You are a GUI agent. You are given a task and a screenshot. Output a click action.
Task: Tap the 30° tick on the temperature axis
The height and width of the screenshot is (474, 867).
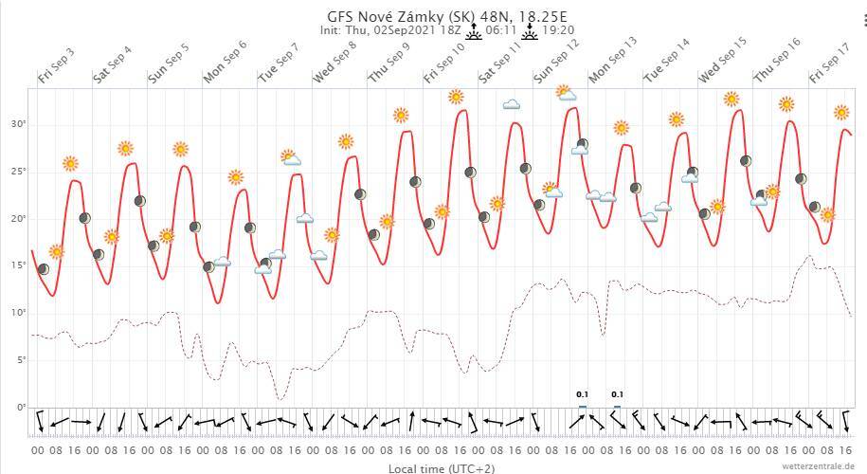coord(19,124)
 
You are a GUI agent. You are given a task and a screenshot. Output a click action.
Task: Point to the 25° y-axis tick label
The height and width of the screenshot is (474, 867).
coord(19,172)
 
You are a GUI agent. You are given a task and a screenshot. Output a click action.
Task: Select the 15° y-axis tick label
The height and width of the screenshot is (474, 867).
coord(19,265)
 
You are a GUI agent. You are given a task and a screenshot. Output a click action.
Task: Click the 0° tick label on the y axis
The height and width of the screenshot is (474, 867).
coord(21,408)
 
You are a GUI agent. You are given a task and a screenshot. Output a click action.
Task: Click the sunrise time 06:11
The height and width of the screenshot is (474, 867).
coord(501,30)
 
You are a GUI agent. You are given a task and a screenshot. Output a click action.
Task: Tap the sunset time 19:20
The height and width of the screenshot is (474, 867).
coord(556,30)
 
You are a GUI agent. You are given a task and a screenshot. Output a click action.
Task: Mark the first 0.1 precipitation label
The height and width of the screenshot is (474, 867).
coord(582,394)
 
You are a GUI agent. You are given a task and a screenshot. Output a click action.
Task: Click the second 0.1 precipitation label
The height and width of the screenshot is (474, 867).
coord(617,394)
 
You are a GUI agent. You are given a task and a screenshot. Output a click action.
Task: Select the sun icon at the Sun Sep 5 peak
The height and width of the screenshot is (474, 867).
coord(180,149)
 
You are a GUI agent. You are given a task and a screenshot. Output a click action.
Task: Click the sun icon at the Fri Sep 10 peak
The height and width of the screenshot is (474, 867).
coord(456,97)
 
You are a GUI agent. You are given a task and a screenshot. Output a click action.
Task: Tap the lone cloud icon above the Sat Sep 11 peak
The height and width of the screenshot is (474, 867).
coord(511,104)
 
